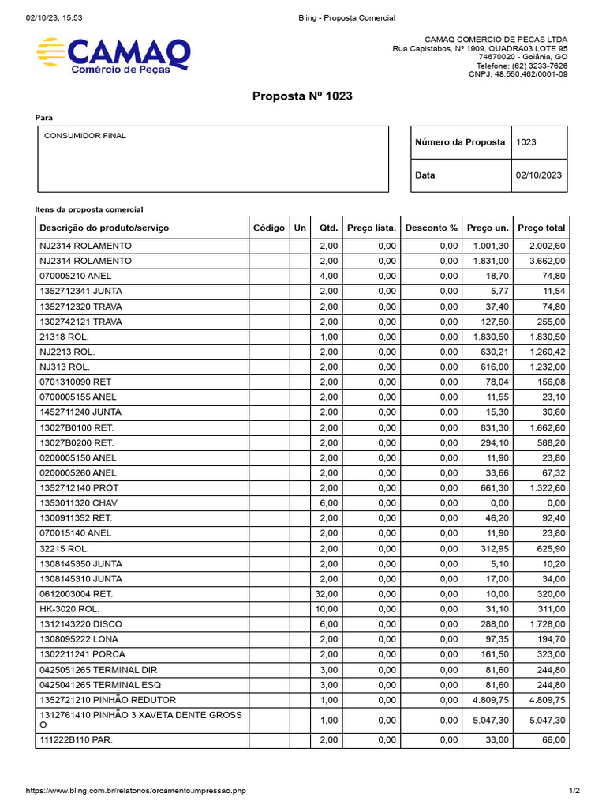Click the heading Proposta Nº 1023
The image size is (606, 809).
302,96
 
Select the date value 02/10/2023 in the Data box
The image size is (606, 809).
539,175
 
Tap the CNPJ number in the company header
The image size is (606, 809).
518,74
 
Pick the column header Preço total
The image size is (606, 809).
541,228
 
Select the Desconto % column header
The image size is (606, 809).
431,228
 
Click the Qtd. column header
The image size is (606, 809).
328,228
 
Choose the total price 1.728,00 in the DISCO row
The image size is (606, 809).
546,624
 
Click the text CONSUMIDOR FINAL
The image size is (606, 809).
85,136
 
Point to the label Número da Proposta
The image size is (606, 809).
460,142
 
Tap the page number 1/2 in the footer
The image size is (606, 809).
574,791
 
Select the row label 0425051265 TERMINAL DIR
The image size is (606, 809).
99,670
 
